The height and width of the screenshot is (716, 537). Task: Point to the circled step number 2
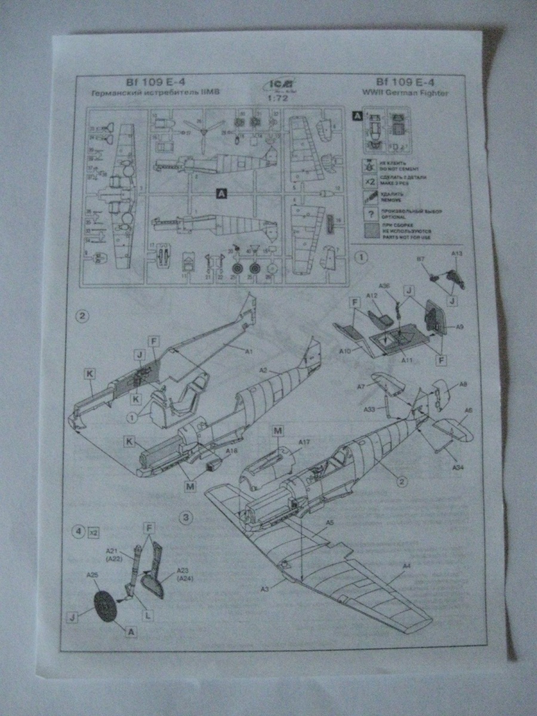click(x=83, y=316)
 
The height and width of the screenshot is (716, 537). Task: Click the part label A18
click(x=231, y=451)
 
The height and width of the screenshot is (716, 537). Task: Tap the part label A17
click(x=305, y=442)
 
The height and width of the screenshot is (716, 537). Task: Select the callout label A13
click(x=457, y=253)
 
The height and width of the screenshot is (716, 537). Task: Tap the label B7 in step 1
click(x=420, y=260)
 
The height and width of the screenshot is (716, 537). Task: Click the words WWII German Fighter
click(x=411, y=93)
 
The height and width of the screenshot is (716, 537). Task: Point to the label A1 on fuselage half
click(x=249, y=351)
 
